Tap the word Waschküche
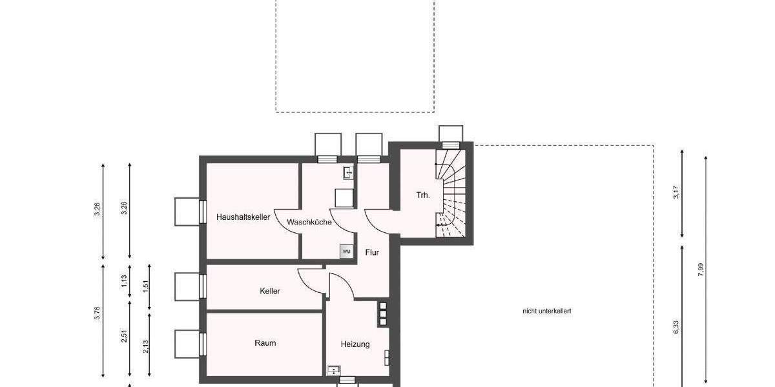pyautogui.click(x=310, y=222)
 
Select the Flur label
pyautogui.click(x=372, y=253)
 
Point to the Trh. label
pyautogui.click(x=423, y=194)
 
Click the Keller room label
pyautogui.click(x=270, y=292)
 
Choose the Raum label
pyautogui.click(x=265, y=343)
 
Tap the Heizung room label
pyautogui.click(x=355, y=344)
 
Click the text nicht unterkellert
pyautogui.click(x=547, y=312)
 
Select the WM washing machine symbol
pyautogui.click(x=346, y=251)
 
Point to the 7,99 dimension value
pyautogui.click(x=701, y=270)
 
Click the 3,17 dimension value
pyautogui.click(x=676, y=193)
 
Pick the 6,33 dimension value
pyautogui.click(x=676, y=327)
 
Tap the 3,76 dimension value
pyautogui.click(x=97, y=313)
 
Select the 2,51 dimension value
pyautogui.click(x=123, y=337)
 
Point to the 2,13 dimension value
pyautogui.click(x=145, y=346)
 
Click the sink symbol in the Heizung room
pyautogui.click(x=333, y=370)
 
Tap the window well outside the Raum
pyautogui.click(x=189, y=344)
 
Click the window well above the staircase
pyautogui.click(x=450, y=134)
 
